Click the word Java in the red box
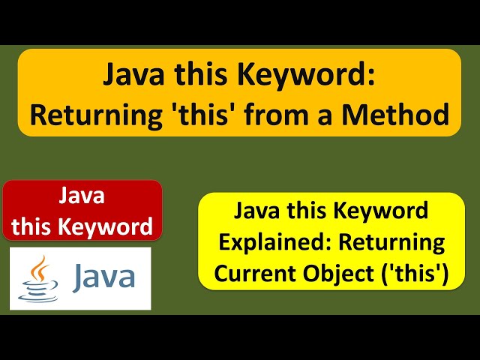[x=82, y=196]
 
